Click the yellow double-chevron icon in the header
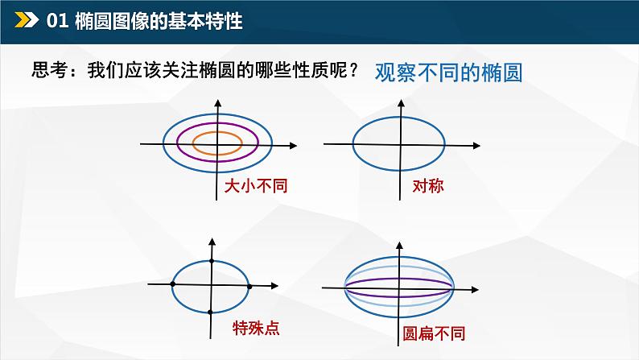point(27,19)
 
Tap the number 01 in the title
point(57,21)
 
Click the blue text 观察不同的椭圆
point(448,73)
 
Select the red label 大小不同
point(256,186)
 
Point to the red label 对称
point(428,186)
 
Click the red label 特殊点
point(257,329)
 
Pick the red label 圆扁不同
point(434,333)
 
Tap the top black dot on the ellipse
point(212,261)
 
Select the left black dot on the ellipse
point(173,283)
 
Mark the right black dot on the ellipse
point(249,287)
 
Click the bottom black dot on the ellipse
point(210,312)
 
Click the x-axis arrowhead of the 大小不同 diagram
point(294,146)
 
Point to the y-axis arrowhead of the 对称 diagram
point(401,103)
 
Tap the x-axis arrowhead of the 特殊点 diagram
point(274,286)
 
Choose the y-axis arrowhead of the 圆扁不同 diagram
point(399,246)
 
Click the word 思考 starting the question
point(49,70)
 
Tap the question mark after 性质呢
point(353,70)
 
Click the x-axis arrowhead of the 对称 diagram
point(476,146)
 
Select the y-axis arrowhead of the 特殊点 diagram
point(212,242)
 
